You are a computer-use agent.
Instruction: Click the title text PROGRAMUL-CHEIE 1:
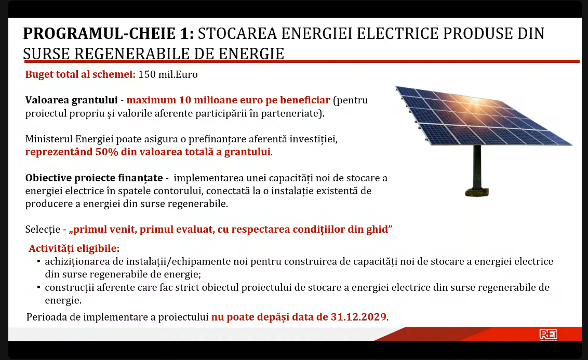(x=109, y=34)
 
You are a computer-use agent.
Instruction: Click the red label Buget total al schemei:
(x=80, y=74)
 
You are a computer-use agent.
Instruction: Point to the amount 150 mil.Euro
(x=168, y=74)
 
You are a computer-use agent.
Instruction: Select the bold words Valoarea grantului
(x=71, y=100)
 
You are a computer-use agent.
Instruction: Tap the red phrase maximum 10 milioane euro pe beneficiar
(x=229, y=100)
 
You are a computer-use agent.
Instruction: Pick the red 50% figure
(x=107, y=152)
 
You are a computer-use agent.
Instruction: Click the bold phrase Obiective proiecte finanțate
(x=94, y=178)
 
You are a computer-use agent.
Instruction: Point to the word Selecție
(x=43, y=230)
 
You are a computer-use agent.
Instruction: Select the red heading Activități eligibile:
(x=74, y=248)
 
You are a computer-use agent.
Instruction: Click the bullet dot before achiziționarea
(x=38, y=261)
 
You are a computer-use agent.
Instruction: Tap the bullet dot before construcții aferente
(x=38, y=287)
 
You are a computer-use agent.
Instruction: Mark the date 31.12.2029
(x=358, y=317)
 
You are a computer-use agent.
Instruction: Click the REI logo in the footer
(x=548, y=334)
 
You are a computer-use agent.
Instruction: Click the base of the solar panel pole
(x=477, y=192)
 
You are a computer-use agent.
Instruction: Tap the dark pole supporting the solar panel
(x=477, y=167)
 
